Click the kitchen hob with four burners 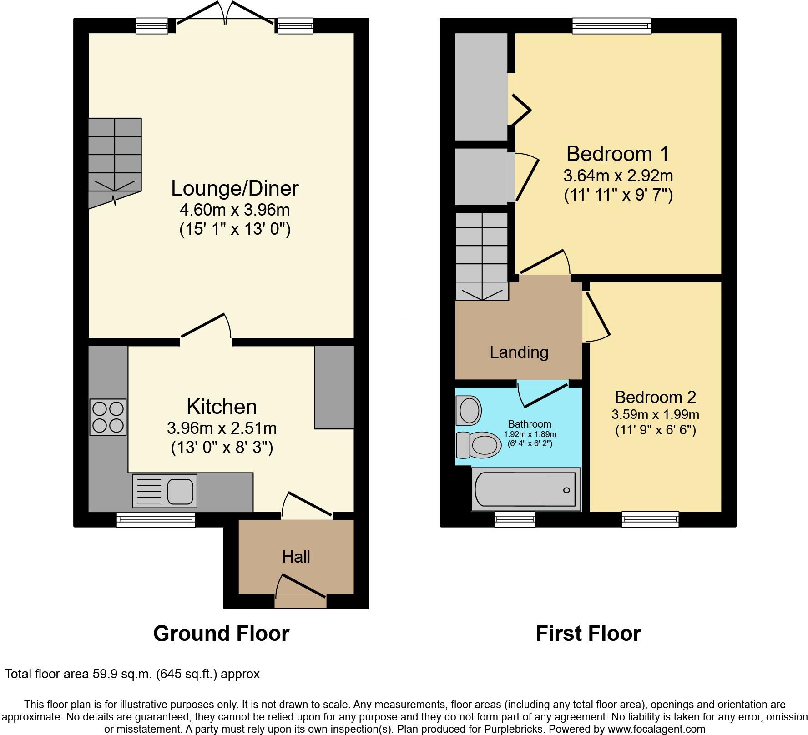tap(108, 417)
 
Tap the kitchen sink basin tap(182, 491)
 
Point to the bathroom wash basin tap(469, 410)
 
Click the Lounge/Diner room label tap(235, 188)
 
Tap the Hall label tap(296, 557)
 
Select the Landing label tap(519, 352)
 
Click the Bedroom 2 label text tap(655, 397)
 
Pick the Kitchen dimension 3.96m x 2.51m tap(222, 428)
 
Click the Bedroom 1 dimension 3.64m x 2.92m tap(618, 176)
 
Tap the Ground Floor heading tap(221, 633)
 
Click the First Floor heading tap(588, 633)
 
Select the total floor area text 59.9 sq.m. tap(132, 674)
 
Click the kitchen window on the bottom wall tap(156, 520)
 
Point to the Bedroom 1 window tap(611, 25)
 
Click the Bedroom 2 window tap(650, 519)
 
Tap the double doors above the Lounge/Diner tap(225, 14)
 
